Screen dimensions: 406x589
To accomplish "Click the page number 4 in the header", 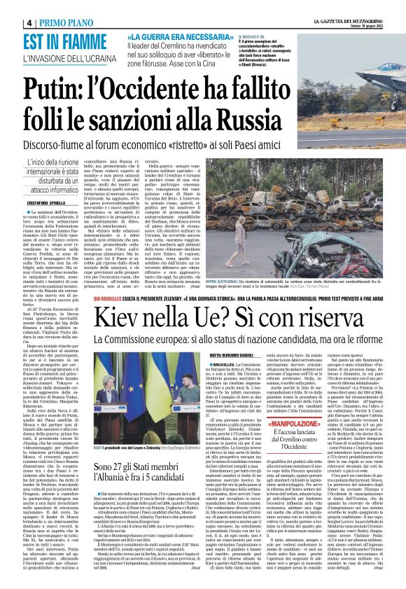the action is [8, 6].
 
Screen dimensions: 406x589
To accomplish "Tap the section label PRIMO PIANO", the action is [41, 6].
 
